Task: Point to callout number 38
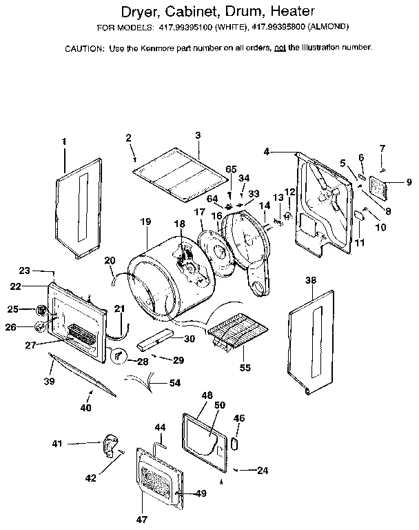pos(311,281)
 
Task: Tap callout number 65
pos(231,169)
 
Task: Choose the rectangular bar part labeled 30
pos(154,340)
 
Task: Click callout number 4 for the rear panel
pos(266,151)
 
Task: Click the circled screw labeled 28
pos(119,355)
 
